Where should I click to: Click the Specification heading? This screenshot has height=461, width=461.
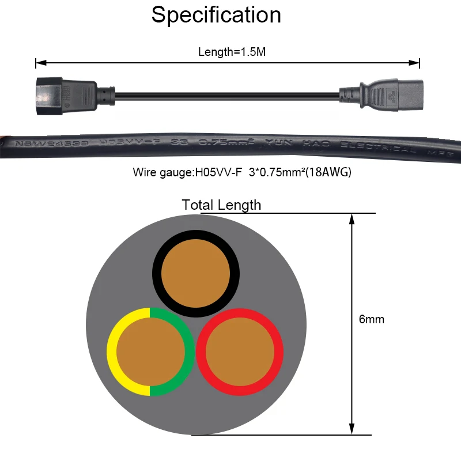(x=216, y=15)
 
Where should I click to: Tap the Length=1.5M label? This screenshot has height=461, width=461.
(x=232, y=52)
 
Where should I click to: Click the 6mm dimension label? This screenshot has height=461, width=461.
(x=371, y=319)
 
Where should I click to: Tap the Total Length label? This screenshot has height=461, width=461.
(x=221, y=205)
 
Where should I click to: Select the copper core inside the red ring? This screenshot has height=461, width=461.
(x=240, y=352)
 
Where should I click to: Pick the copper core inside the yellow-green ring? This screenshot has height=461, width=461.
(x=151, y=352)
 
